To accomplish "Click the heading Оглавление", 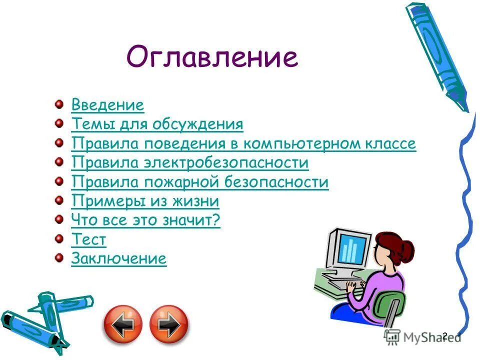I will click(x=212, y=57).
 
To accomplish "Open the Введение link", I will click(x=107, y=105).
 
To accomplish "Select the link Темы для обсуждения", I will click(x=157, y=124).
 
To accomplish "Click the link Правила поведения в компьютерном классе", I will click(x=243, y=144).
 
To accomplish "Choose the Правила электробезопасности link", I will click(x=190, y=163).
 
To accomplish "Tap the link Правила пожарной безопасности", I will click(x=200, y=182).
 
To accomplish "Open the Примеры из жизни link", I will click(x=145, y=201).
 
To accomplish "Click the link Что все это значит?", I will click(x=145, y=220).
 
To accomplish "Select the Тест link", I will click(x=88, y=239).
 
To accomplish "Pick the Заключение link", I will click(x=118, y=259).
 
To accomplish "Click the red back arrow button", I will click(x=123, y=324).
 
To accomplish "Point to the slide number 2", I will click(x=444, y=336).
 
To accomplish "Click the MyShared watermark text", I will click(x=430, y=337).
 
